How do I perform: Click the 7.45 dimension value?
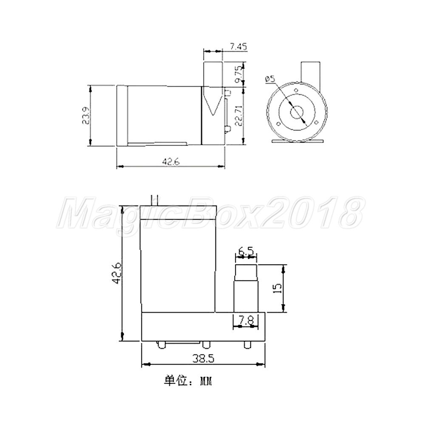(238, 47)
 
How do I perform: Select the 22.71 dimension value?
(238, 116)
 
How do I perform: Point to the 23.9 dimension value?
(86, 116)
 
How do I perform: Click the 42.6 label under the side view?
(171, 162)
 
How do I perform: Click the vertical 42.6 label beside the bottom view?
(117, 273)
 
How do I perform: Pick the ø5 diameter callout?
(270, 79)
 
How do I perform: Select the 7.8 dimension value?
(246, 321)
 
